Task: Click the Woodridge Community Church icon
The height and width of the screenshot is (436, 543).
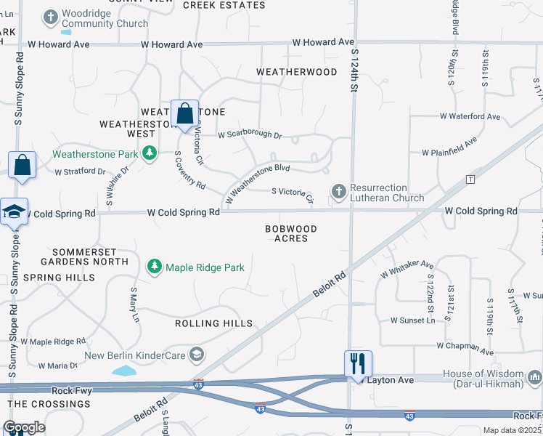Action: click(x=51, y=17)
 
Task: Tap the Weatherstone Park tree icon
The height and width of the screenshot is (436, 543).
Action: click(x=150, y=153)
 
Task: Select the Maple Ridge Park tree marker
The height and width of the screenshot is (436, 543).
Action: click(x=155, y=267)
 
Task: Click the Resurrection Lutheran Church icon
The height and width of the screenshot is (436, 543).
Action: click(x=338, y=192)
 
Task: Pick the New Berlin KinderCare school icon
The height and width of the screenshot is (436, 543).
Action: click(x=195, y=355)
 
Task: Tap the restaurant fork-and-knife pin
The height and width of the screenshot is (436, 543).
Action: click(x=357, y=363)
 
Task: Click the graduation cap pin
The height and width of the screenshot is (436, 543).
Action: click(x=14, y=211)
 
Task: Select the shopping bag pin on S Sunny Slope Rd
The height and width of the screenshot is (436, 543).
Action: click(x=23, y=165)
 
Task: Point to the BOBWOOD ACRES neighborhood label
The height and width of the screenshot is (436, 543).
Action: click(x=291, y=233)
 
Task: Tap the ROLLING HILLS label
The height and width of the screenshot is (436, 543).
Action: click(x=213, y=323)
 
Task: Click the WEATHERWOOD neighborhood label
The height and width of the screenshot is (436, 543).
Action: click(x=297, y=72)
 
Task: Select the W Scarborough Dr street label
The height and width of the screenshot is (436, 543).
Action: click(x=250, y=134)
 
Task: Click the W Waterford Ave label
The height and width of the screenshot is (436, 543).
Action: click(x=470, y=116)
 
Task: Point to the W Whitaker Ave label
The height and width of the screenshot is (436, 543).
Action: click(x=407, y=270)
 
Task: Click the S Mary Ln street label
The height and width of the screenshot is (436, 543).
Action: click(x=134, y=304)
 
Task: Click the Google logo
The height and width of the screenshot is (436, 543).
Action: click(x=24, y=427)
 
